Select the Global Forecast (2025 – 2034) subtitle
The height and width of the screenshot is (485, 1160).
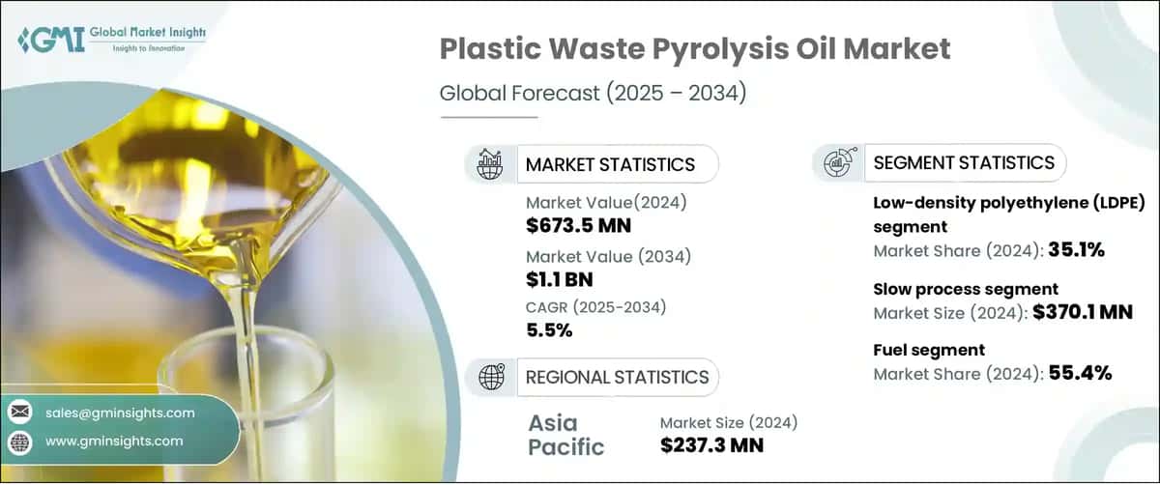[593, 94]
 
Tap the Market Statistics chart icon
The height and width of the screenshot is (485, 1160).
[489, 164]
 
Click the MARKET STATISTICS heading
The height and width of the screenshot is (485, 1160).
[609, 164]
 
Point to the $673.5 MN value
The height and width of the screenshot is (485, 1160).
[579, 226]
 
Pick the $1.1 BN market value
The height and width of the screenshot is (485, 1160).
[560, 280]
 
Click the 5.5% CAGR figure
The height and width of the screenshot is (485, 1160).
[549, 330]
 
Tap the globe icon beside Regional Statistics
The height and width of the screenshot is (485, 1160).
[489, 377]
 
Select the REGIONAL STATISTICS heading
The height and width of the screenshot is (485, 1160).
[616, 377]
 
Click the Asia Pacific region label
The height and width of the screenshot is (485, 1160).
[565, 435]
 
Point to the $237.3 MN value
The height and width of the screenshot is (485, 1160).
[711, 445]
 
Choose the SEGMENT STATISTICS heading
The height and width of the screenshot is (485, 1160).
[963, 163]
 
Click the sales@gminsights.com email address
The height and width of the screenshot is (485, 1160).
[120, 413]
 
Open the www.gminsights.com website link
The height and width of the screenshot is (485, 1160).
[114, 442]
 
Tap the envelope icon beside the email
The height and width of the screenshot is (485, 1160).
[20, 413]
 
